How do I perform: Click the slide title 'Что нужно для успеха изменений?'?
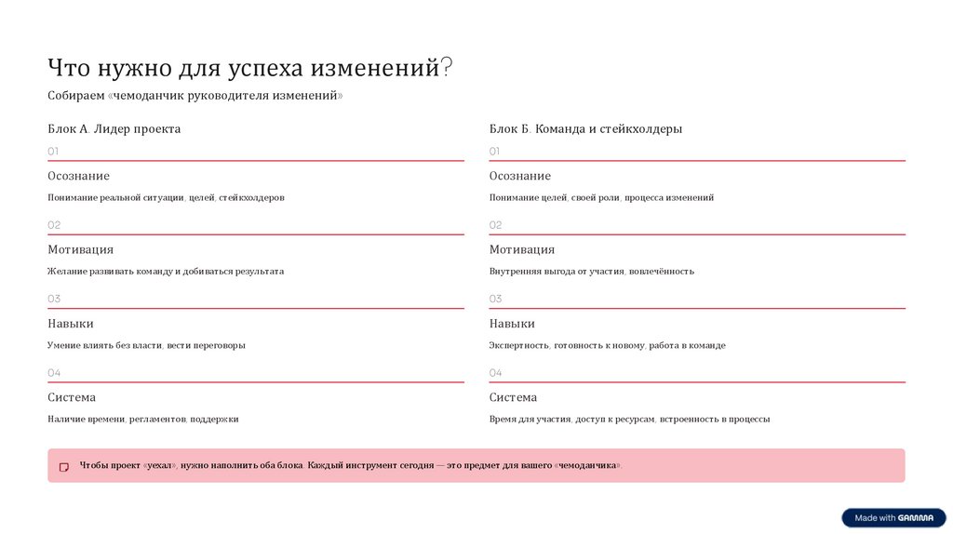tap(250, 68)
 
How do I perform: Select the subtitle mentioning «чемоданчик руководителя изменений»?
tap(195, 96)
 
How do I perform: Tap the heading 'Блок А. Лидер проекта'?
tap(114, 129)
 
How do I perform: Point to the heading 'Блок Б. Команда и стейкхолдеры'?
tap(585, 129)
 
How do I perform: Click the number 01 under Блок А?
tap(53, 151)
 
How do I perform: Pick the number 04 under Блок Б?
tap(495, 372)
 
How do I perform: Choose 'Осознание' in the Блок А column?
tap(78, 176)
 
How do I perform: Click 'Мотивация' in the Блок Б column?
tap(521, 249)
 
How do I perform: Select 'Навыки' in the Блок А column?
tap(70, 324)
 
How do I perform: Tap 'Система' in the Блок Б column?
tap(513, 397)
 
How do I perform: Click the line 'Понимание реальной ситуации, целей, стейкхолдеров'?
tap(166, 198)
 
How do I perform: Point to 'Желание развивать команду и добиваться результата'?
tap(166, 272)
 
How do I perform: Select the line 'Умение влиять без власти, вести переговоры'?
tap(146, 345)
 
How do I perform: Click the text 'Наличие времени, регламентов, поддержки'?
tap(142, 420)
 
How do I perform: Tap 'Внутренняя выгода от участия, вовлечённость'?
tap(591, 272)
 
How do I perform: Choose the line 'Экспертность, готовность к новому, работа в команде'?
tap(607, 345)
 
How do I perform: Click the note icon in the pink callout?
tap(64, 467)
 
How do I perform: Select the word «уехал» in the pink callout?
tap(160, 465)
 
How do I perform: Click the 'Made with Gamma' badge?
tap(893, 518)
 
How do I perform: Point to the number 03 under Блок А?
tap(53, 299)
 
